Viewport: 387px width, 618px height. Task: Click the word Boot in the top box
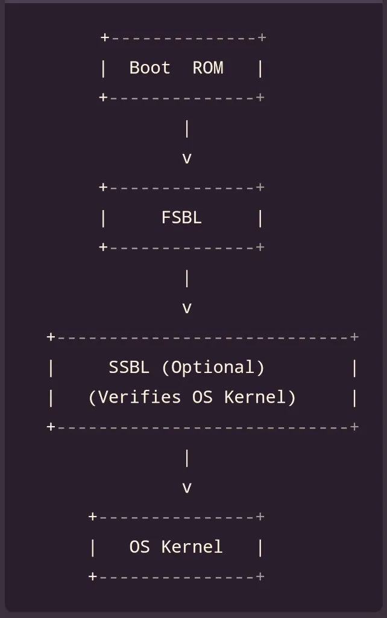point(149,68)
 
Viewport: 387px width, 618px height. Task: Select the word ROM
point(208,68)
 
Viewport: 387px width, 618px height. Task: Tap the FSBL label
point(181,217)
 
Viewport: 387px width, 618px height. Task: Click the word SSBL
point(129,368)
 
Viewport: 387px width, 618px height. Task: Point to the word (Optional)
point(213,368)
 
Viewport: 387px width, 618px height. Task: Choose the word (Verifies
point(134,397)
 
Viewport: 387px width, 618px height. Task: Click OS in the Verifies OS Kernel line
point(203,397)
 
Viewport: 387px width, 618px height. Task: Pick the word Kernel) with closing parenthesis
point(260,397)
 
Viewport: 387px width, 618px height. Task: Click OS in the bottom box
point(139,547)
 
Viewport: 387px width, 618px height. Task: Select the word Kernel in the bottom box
point(192,547)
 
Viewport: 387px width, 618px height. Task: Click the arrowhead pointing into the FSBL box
point(187,159)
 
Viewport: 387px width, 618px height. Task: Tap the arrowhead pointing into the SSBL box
point(187,308)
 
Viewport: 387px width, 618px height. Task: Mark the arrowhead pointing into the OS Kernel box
point(187,488)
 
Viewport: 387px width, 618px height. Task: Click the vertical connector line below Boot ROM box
point(187,129)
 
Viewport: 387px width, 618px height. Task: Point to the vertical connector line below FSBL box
point(187,279)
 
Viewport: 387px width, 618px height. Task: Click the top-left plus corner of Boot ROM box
point(105,37)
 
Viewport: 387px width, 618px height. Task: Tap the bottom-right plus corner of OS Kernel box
point(260,576)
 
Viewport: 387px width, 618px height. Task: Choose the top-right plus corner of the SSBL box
point(354,337)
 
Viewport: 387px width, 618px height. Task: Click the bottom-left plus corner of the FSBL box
point(103,247)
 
